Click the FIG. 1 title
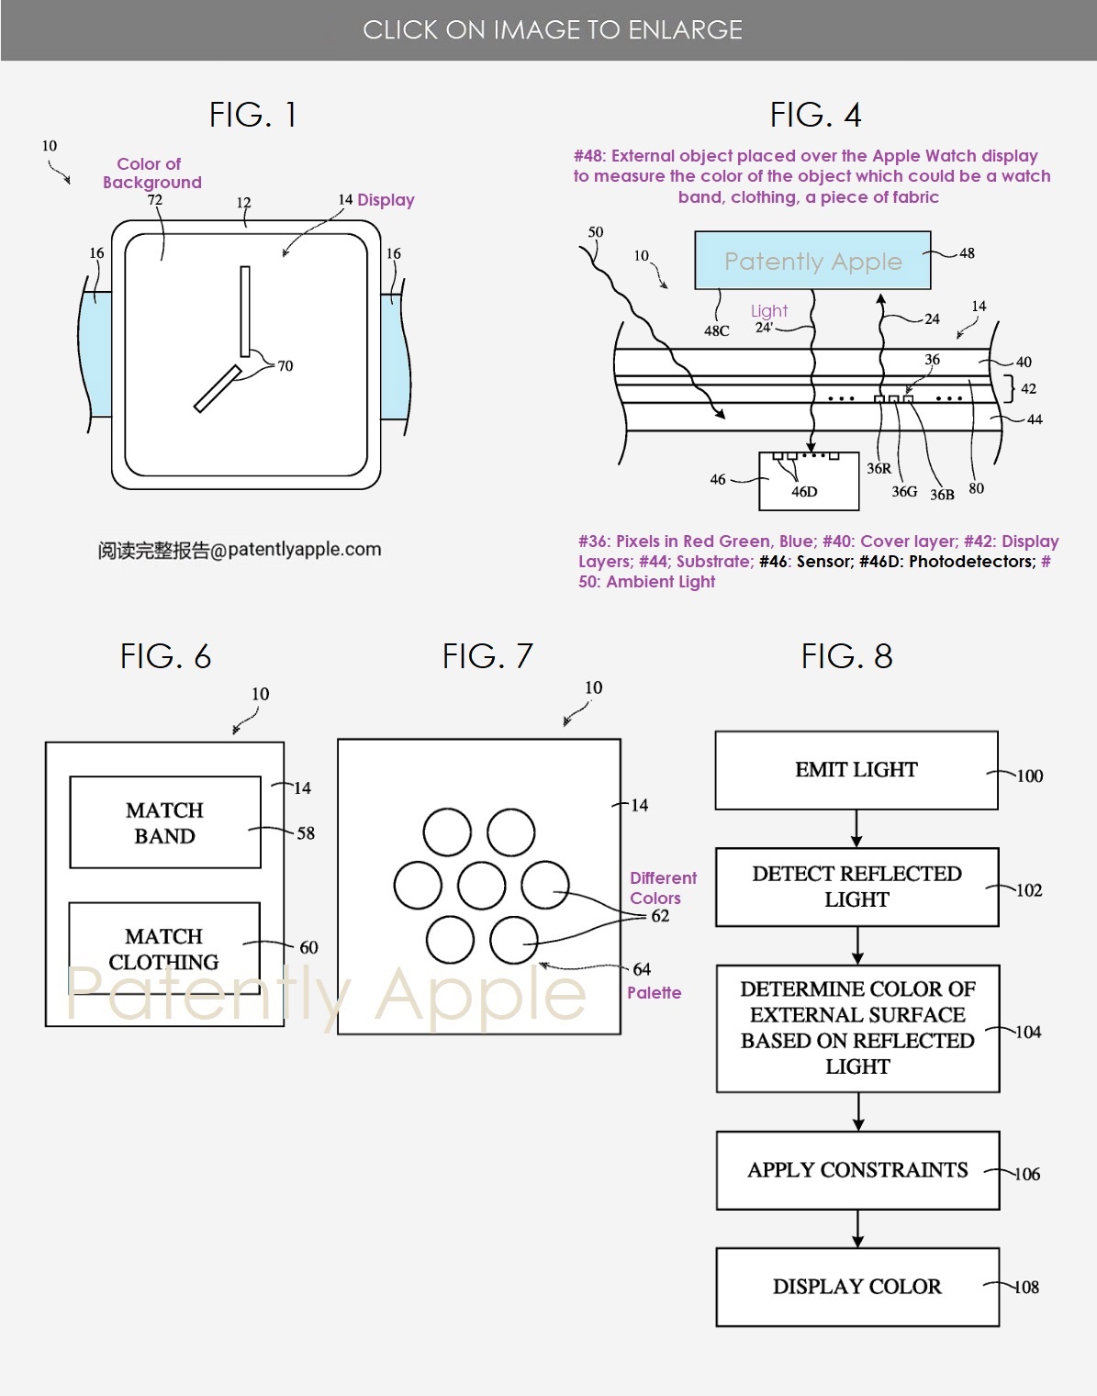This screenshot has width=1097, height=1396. [252, 115]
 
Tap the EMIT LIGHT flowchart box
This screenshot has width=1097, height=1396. [856, 770]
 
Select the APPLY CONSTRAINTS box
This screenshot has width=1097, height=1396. [857, 1170]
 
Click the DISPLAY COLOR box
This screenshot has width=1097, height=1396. [857, 1287]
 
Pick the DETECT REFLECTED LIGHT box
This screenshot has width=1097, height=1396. [856, 887]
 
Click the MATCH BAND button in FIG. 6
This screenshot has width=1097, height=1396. [165, 822]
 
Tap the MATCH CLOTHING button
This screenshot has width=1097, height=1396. [164, 948]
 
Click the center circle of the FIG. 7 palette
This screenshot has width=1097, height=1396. [481, 886]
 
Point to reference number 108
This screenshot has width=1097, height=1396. [1026, 1287]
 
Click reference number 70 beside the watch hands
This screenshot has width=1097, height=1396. [285, 365]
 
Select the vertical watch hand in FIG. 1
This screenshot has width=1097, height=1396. [245, 311]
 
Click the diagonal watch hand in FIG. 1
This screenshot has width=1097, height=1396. [218, 388]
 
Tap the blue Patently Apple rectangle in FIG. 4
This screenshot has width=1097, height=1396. [812, 260]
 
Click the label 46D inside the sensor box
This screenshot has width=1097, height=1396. [804, 491]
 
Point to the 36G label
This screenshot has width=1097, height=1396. [904, 491]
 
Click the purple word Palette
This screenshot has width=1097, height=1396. [654, 992]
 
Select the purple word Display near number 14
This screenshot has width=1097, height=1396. [386, 200]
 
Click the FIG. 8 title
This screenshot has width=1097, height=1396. [846, 656]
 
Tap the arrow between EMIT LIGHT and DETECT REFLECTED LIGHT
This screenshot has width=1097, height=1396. [856, 829]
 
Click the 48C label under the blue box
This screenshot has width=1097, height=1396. [717, 330]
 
